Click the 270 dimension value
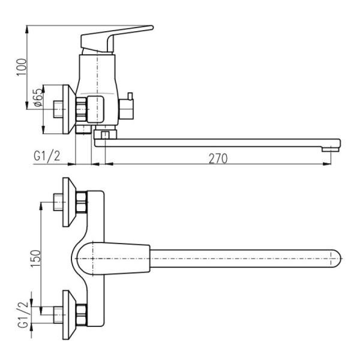(x=218, y=158)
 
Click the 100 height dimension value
(x=22, y=67)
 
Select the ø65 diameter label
(x=38, y=98)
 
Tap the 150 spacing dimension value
(x=35, y=259)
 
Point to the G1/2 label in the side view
(x=47, y=157)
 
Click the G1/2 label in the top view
(x=24, y=314)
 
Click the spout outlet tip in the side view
(x=331, y=149)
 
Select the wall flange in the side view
(x=69, y=110)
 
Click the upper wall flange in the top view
(x=69, y=202)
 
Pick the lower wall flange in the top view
(x=69, y=315)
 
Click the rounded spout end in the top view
(x=336, y=259)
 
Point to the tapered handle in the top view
(x=113, y=259)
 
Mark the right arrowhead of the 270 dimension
(x=327, y=164)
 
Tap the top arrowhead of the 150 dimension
(x=41, y=206)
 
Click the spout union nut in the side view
(x=106, y=134)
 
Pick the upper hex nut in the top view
(x=81, y=202)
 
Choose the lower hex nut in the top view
(x=81, y=315)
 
